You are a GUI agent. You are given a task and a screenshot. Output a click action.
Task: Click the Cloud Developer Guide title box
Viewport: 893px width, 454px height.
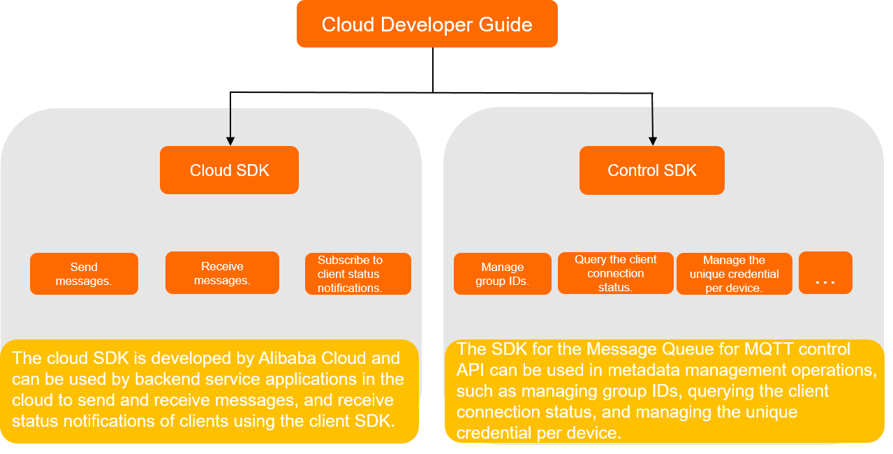427,24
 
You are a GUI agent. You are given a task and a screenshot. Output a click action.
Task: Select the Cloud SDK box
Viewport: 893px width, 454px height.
229,170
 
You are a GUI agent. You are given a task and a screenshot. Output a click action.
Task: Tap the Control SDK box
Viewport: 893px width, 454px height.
651,170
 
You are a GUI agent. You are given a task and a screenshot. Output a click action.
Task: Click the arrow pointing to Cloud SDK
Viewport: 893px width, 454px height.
230,126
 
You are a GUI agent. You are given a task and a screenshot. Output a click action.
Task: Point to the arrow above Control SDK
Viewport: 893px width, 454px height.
652,126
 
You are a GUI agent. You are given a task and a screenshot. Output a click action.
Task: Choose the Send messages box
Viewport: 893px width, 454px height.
84,274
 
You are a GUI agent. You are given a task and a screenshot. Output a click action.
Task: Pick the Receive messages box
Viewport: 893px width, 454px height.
222,273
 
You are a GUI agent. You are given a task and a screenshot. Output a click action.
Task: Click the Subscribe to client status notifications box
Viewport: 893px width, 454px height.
357,274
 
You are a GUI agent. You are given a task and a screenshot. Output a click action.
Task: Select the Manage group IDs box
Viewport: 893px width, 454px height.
502,274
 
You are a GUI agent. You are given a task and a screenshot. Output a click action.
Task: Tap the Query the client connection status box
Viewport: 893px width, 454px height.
615,273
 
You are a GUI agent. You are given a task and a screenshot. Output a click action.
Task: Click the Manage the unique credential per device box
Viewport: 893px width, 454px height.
734,274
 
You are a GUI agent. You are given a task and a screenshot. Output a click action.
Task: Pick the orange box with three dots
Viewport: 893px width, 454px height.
825,273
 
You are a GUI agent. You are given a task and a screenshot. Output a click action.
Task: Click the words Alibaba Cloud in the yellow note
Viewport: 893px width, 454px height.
315,359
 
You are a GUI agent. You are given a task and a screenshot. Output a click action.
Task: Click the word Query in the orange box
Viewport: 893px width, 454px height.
590,260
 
